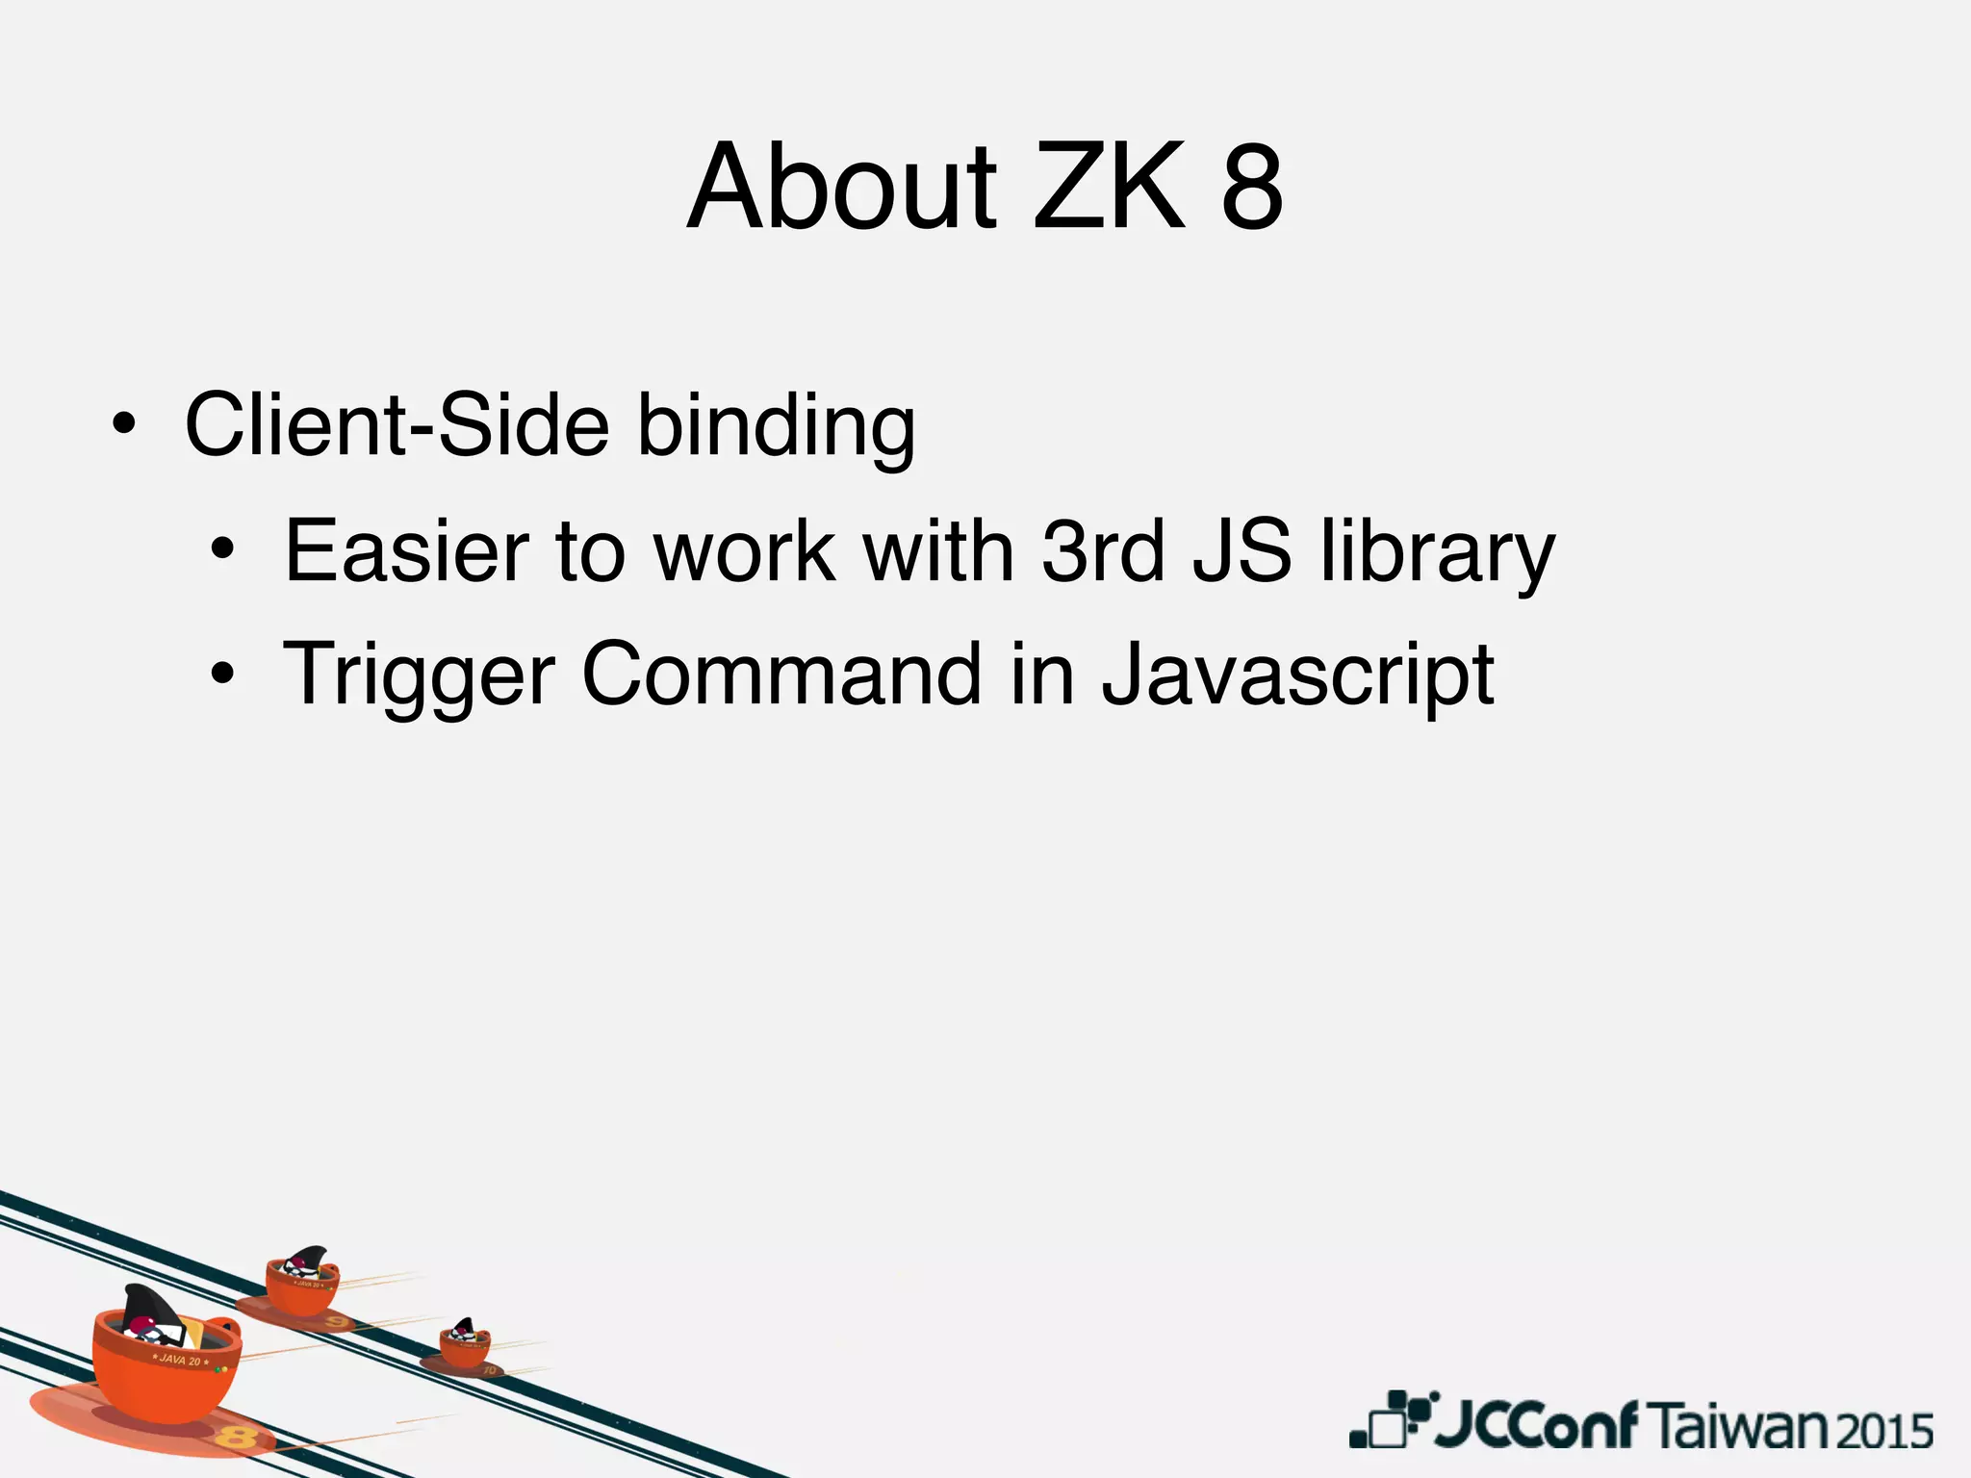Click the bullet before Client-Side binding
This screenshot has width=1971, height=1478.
point(122,425)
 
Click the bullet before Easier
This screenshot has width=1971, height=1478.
point(222,550)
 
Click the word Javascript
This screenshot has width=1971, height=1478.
point(1297,677)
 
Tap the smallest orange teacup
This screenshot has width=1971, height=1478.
point(465,1344)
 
